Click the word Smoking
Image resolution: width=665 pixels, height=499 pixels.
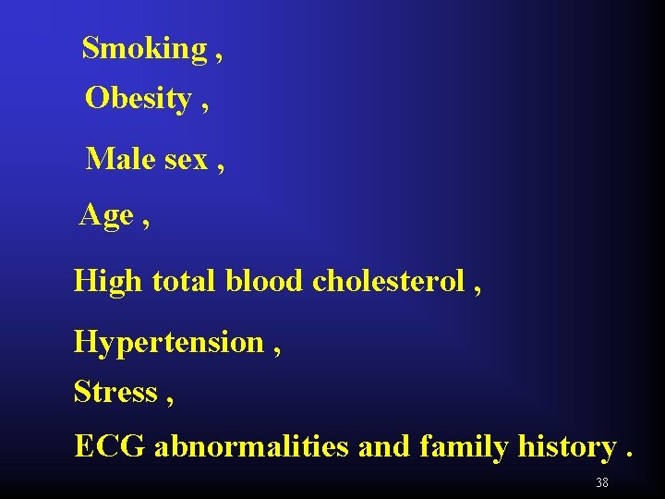(144, 48)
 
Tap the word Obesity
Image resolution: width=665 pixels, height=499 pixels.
(138, 98)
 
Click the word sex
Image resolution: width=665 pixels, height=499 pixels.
(187, 160)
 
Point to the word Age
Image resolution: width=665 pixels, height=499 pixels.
(106, 215)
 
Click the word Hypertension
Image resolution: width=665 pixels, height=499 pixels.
(169, 343)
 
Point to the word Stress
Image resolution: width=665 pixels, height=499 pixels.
(115, 392)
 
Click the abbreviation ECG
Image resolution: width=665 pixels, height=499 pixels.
(110, 446)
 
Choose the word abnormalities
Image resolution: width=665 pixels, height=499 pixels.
(251, 446)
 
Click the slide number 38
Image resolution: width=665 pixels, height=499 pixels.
(602, 482)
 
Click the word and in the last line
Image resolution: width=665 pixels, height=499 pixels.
(383, 446)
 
